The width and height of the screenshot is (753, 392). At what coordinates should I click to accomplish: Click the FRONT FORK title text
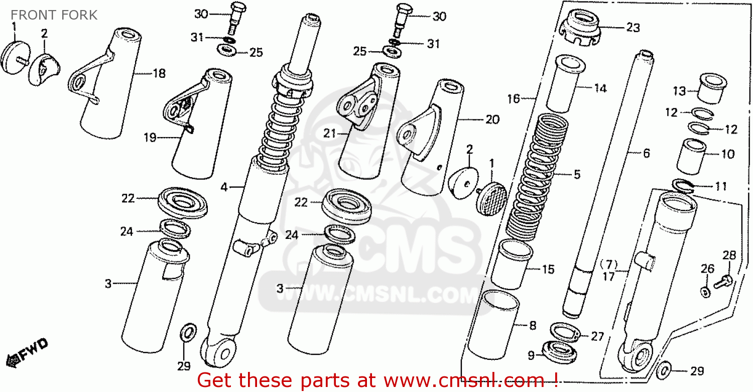(x=54, y=15)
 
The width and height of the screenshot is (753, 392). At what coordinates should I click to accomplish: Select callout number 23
(x=633, y=28)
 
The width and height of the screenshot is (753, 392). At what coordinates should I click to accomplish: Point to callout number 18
(x=159, y=74)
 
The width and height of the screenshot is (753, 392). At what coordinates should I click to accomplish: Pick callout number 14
(x=600, y=89)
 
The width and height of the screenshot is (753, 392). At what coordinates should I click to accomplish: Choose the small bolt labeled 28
(x=725, y=280)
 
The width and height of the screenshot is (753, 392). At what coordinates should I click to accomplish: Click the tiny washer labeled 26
(x=705, y=291)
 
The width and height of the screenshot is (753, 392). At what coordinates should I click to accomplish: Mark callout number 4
(x=224, y=187)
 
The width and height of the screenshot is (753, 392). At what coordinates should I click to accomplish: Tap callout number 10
(x=728, y=154)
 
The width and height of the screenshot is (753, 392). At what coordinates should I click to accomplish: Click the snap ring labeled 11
(x=683, y=185)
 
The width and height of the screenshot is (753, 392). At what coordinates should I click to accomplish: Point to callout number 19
(x=150, y=138)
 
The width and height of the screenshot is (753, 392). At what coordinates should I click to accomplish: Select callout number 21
(x=329, y=134)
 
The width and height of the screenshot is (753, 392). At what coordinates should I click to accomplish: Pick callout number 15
(x=548, y=270)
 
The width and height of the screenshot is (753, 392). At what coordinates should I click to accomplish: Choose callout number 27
(x=597, y=336)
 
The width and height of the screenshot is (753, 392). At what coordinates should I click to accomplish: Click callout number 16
(x=513, y=99)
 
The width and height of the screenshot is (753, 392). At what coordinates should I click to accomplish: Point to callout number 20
(x=492, y=119)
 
